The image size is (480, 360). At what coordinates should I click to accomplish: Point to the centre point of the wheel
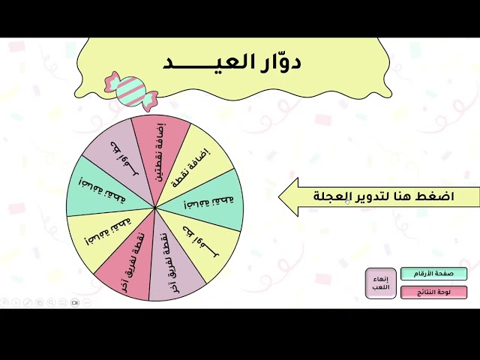155,207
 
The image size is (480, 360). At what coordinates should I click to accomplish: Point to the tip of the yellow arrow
280,196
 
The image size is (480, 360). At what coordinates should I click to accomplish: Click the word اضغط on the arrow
439,196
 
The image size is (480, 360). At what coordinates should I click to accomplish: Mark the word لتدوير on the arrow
373,196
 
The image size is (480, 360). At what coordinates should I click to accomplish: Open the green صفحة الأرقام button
433,274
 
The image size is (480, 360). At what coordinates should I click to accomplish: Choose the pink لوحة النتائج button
433,292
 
